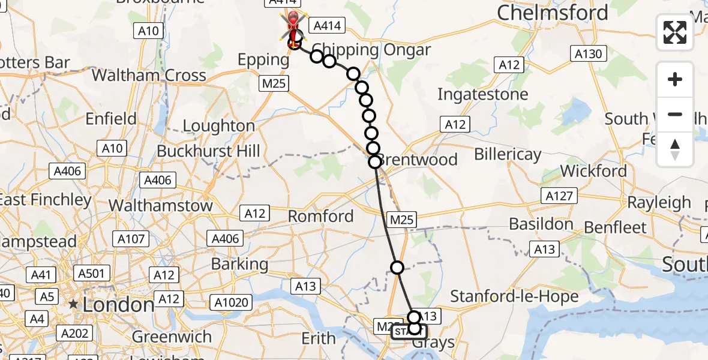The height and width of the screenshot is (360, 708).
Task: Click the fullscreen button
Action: [675, 32]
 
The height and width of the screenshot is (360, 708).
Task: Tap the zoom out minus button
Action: [675, 114]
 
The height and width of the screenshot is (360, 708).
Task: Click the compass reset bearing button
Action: [675, 149]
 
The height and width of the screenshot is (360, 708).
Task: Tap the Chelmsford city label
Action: [552, 13]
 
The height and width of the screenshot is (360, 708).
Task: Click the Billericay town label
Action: [508, 154]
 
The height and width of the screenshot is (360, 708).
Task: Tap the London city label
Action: [118, 305]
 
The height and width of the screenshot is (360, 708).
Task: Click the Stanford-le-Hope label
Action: [514, 296]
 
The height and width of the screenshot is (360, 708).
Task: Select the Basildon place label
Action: [541, 224]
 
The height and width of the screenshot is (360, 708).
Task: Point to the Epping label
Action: [263, 59]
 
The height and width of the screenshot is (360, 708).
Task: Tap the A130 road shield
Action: [588, 54]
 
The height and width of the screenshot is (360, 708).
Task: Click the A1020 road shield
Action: [233, 302]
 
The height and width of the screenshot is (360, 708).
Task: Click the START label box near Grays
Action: [409, 331]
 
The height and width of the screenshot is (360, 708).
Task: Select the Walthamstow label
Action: [160, 205]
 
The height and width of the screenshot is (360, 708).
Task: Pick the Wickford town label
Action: [593, 172]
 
